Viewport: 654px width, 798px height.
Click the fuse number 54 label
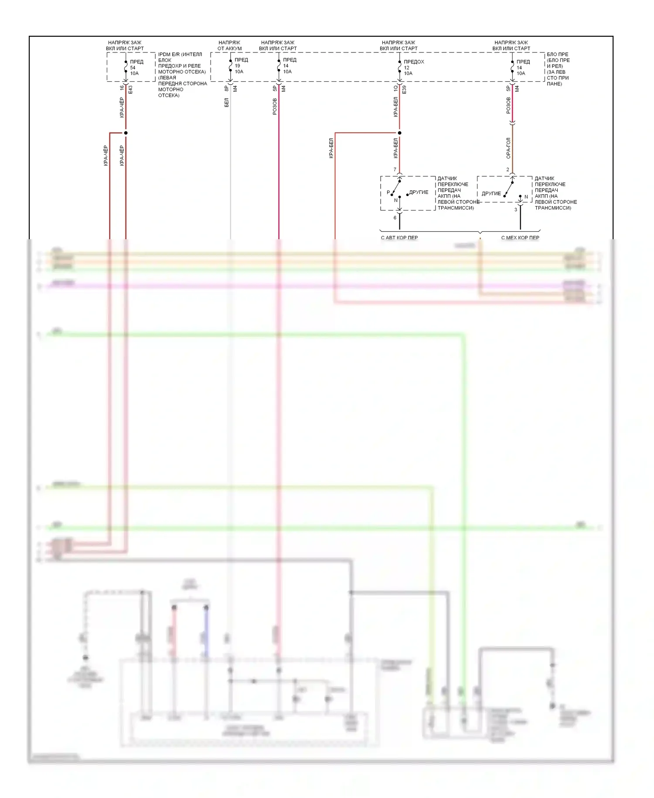click(133, 68)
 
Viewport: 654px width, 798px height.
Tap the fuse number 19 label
click(237, 66)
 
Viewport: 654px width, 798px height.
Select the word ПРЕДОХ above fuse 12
click(414, 62)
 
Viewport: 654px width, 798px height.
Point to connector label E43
click(130, 89)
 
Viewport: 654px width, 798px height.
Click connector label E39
click(404, 89)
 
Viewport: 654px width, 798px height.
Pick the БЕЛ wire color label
click(226, 103)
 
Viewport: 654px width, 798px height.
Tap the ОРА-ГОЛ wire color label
click(508, 148)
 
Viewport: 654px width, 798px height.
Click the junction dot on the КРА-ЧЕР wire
click(126, 133)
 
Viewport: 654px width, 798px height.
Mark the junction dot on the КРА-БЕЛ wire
click(399, 133)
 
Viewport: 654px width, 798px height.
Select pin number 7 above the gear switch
click(395, 169)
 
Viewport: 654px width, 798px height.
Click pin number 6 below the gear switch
click(395, 217)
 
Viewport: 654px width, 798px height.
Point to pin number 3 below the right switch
click(516, 210)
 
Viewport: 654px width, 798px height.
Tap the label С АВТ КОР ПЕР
click(399, 238)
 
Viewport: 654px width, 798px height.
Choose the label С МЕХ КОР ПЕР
click(520, 238)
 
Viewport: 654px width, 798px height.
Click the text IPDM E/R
click(168, 55)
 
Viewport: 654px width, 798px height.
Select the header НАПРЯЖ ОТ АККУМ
click(229, 45)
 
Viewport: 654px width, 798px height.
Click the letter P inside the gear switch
click(388, 192)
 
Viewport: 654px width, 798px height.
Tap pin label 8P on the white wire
click(226, 88)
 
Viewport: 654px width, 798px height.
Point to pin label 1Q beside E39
click(395, 88)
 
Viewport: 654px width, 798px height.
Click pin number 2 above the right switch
click(508, 169)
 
